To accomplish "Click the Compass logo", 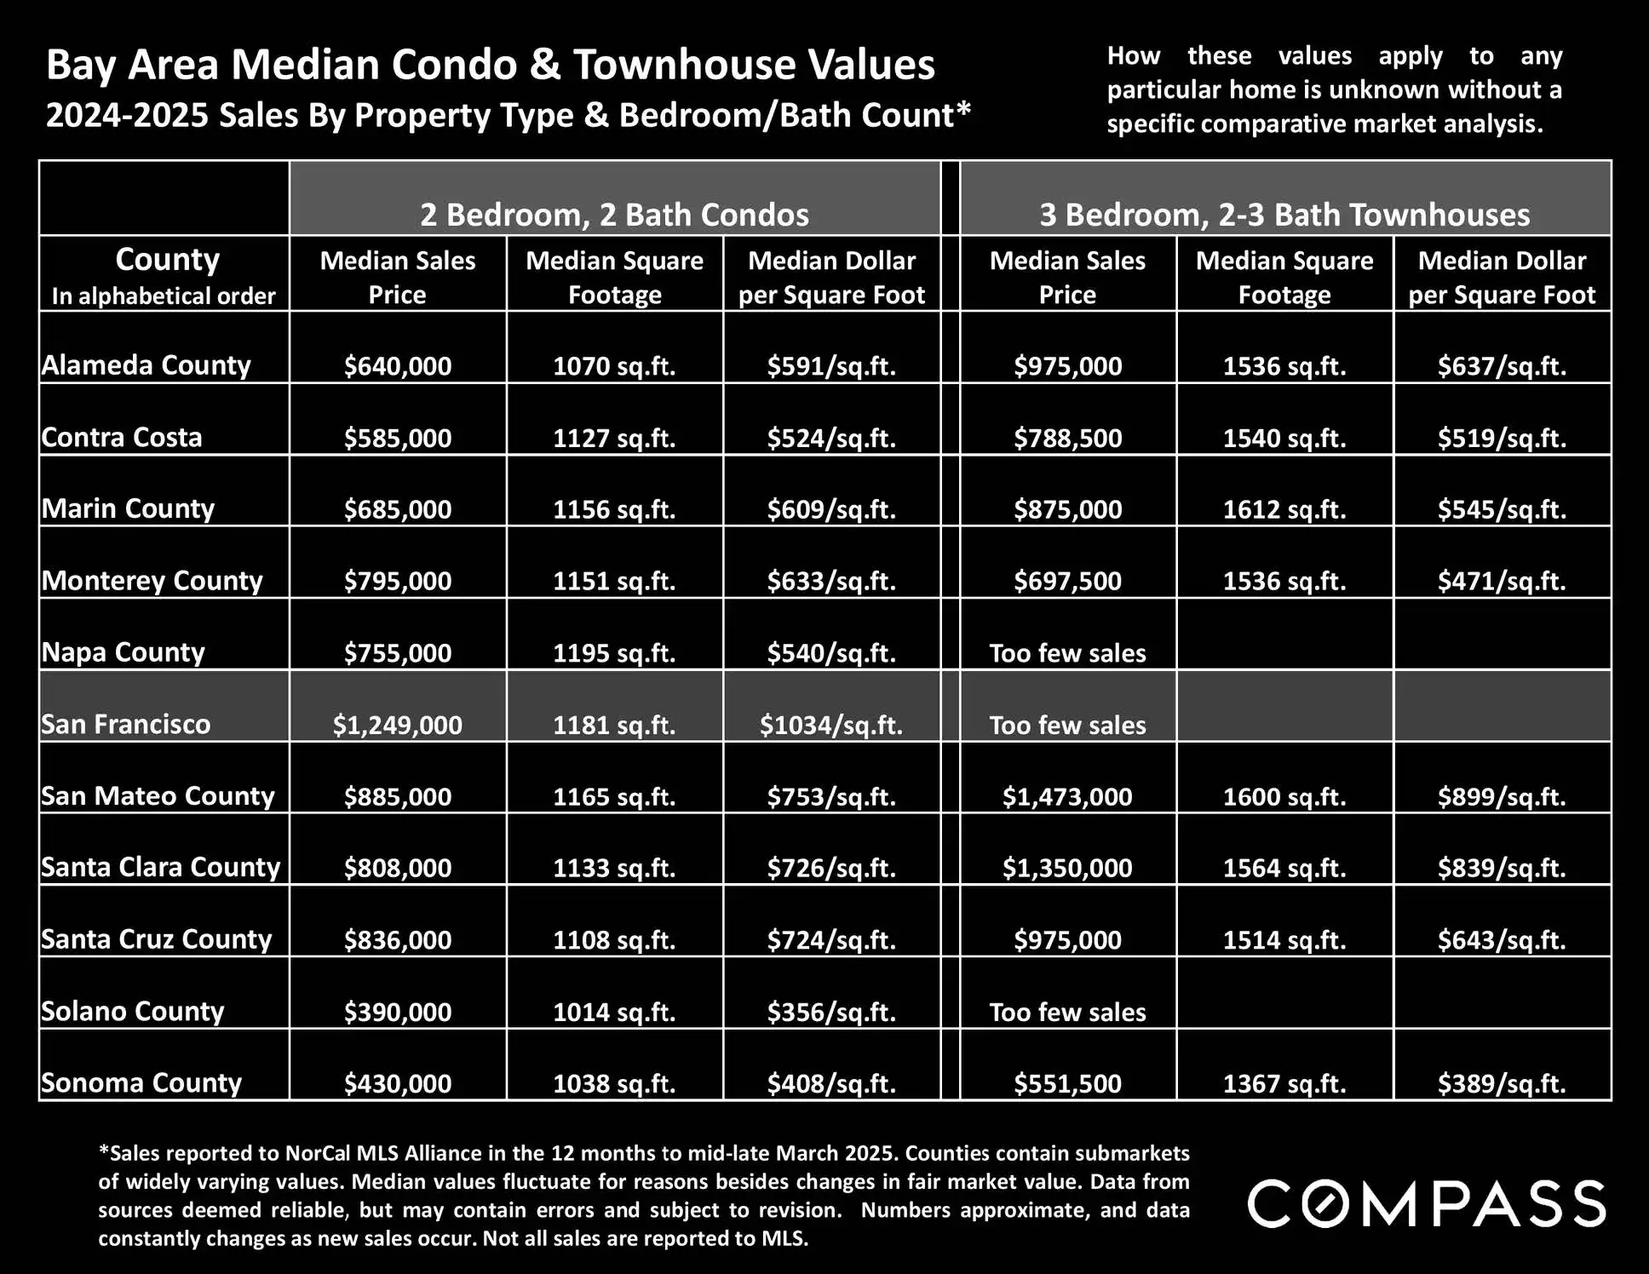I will (1426, 1203).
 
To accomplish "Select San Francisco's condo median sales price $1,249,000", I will (397, 725).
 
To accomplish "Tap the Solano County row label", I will (133, 1011).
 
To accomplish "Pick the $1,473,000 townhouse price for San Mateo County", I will (1067, 796).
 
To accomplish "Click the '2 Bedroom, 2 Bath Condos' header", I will (614, 215).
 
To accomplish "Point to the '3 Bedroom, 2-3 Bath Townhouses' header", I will (1284, 215).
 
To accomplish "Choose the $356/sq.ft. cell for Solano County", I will (831, 1012).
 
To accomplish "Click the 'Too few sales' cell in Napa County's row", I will (1067, 653).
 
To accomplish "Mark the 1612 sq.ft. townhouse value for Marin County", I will (1284, 509).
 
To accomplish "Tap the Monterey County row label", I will (152, 581).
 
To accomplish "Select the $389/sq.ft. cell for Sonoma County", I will (1502, 1083).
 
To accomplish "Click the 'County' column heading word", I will (167, 259).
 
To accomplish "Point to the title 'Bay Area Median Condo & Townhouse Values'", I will (491, 65).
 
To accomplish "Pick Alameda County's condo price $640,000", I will (397, 366).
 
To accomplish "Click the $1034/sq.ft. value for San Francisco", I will (831, 725).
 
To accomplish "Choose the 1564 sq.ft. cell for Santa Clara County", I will (1284, 868).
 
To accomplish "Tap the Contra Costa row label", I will (122, 438).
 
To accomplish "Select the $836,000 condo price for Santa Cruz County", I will (397, 939).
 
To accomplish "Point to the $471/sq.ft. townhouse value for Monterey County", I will (1502, 581).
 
